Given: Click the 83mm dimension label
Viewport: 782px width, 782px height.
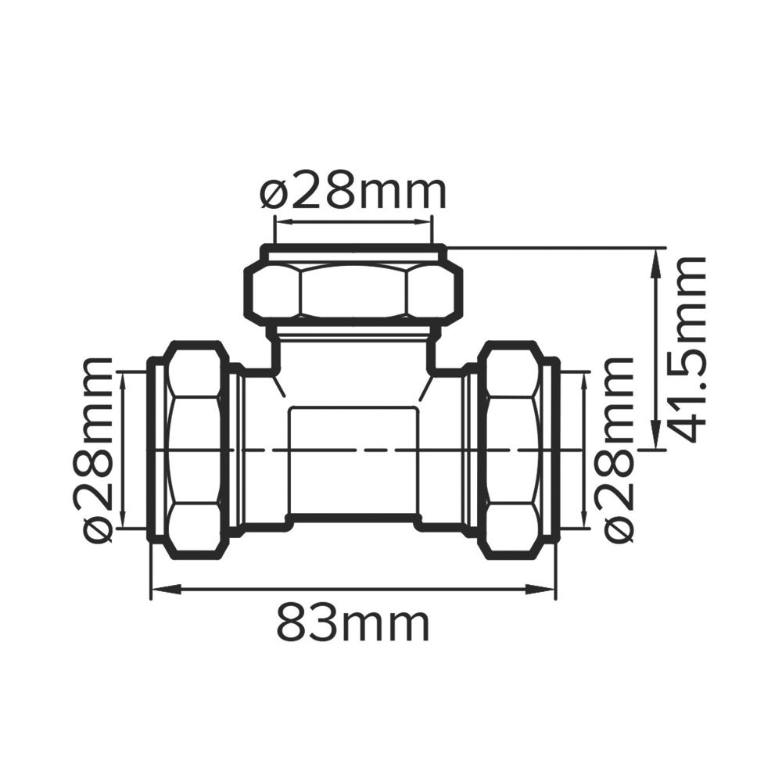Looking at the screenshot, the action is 353,623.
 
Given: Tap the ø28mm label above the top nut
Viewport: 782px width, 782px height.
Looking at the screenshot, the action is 353,192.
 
